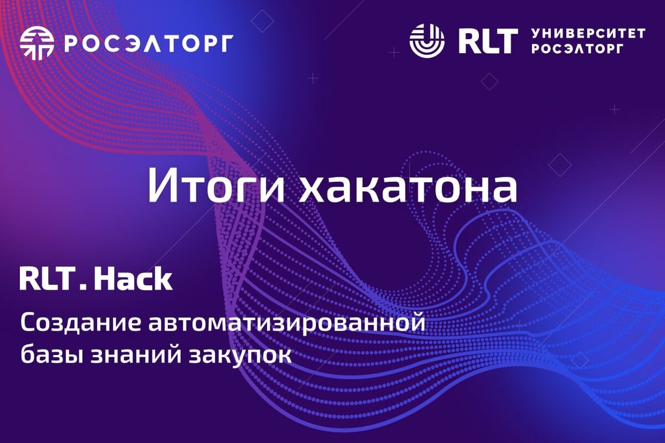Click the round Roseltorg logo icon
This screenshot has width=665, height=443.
click(37, 43)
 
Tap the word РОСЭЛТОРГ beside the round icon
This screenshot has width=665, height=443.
click(149, 43)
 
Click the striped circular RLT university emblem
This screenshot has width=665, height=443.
click(427, 41)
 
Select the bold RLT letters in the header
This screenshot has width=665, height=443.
click(488, 41)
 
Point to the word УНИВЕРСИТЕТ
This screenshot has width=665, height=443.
click(589, 34)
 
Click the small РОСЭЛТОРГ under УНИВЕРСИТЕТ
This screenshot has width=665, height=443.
click(576, 49)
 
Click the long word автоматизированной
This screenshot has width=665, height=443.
click(287, 324)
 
